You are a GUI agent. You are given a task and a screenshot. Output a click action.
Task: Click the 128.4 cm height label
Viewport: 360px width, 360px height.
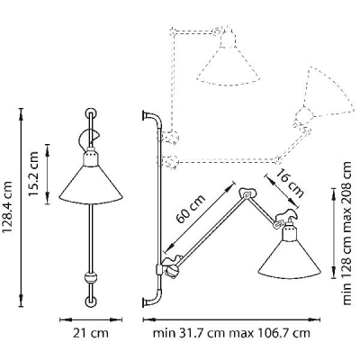[7, 207]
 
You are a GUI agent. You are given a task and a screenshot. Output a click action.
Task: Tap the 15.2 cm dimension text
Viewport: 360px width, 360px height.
[33, 174]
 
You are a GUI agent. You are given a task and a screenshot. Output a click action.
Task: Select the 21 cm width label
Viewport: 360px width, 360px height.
[91, 333]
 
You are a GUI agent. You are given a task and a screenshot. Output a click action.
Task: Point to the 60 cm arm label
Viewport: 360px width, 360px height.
[190, 209]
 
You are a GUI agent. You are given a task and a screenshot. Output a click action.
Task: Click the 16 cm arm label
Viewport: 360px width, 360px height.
[290, 184]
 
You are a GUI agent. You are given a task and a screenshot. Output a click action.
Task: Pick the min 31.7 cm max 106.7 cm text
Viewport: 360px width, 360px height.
[231, 333]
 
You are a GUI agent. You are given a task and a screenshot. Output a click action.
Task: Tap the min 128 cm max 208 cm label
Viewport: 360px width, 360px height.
[346, 233]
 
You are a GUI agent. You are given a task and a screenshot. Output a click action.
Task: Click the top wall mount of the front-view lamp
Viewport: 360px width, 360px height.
[91, 114]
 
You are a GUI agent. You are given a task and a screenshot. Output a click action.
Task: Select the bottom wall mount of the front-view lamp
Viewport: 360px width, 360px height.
[91, 301]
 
